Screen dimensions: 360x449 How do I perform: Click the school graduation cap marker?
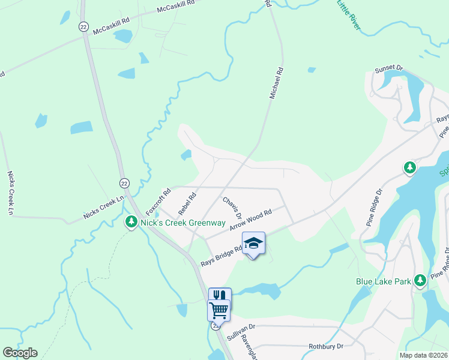(253, 244)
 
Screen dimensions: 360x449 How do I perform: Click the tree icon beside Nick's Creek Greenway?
(131, 223)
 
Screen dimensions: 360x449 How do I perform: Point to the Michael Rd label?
(276, 83)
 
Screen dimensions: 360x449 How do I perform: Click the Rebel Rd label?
(187, 204)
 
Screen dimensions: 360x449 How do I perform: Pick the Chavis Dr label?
(232, 207)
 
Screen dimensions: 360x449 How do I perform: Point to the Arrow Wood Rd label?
(250, 220)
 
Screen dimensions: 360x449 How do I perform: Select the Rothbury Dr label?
(325, 346)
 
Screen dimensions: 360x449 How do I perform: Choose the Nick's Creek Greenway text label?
(173, 223)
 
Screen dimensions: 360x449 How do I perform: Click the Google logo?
(20, 353)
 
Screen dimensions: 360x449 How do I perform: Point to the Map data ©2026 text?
(423, 355)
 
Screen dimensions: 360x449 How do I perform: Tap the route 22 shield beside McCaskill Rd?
(83, 27)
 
